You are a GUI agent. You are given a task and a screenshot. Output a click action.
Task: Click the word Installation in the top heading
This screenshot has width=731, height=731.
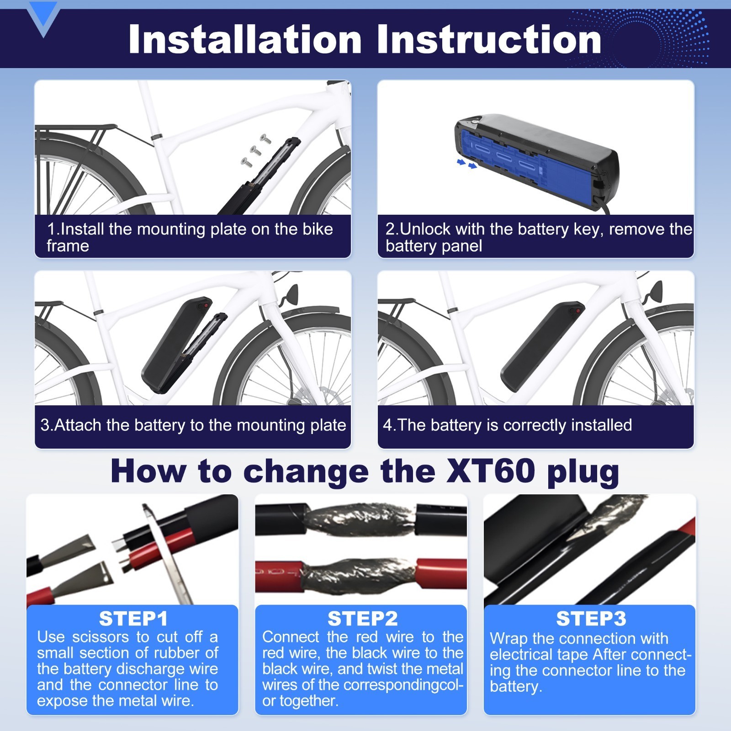tap(245, 39)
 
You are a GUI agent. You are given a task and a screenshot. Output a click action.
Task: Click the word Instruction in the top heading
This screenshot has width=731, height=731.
tap(489, 39)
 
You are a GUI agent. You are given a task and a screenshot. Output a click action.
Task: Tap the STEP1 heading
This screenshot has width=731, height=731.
tap(133, 619)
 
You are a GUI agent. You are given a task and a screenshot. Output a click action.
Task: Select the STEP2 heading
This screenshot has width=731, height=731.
tap(362, 619)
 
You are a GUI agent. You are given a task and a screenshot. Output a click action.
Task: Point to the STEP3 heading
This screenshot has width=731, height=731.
tap(591, 619)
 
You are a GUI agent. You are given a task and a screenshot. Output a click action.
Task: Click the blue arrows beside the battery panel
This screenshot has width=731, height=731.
tap(467, 164)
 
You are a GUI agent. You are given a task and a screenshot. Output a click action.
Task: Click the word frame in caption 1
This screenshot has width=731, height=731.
tap(68, 246)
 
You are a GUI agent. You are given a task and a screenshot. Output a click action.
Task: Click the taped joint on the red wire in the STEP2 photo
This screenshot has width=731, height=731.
tap(359, 575)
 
